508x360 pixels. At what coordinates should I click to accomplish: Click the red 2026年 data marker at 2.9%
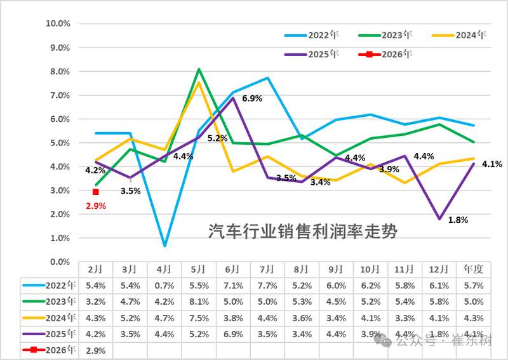pyautogui.click(x=95, y=192)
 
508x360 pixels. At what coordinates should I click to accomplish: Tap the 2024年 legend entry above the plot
pyautogui.click(x=463, y=35)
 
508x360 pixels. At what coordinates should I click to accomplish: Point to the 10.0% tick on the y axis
pyautogui.click(x=58, y=23)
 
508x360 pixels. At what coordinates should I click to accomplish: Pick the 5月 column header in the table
pyautogui.click(x=199, y=269)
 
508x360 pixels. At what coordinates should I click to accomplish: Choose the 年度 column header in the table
pyautogui.click(x=474, y=269)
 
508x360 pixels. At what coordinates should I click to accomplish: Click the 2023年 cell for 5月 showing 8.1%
pyautogui.click(x=199, y=301)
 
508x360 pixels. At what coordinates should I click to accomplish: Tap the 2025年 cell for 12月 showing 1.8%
pyautogui.click(x=439, y=334)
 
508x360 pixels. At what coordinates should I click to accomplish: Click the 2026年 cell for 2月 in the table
pyautogui.click(x=95, y=350)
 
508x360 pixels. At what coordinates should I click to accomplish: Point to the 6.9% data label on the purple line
pyautogui.click(x=251, y=99)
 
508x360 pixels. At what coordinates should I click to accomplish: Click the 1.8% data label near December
pyautogui.click(x=458, y=220)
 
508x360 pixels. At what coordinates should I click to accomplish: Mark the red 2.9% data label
pyautogui.click(x=95, y=206)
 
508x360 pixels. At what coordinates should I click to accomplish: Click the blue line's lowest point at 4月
pyautogui.click(x=164, y=245)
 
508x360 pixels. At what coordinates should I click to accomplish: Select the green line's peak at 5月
pyautogui.click(x=199, y=69)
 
